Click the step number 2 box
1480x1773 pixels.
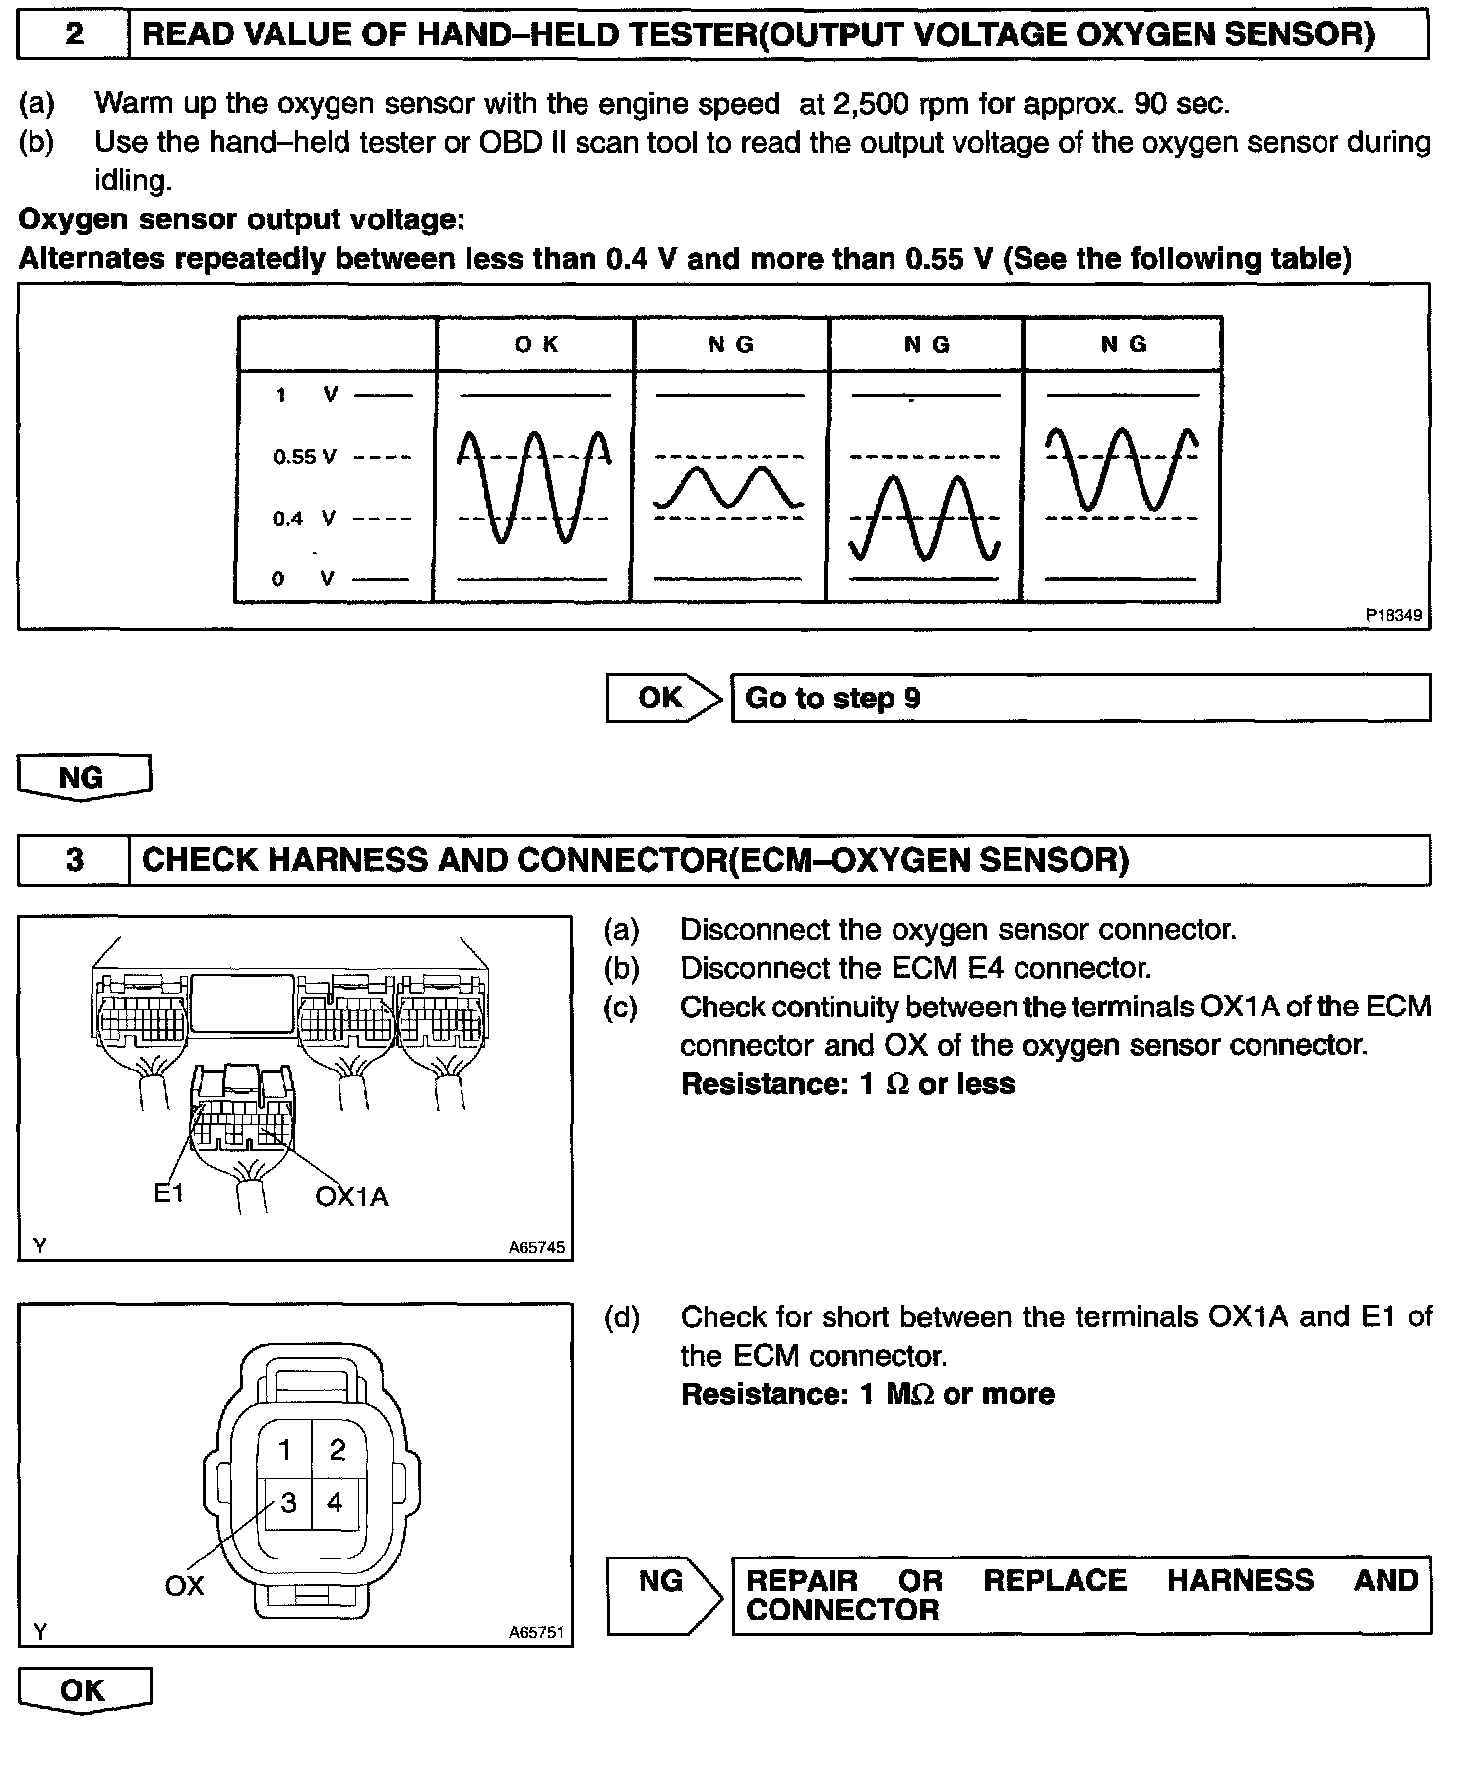[74, 35]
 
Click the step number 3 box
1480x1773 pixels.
[74, 861]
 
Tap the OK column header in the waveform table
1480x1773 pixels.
[536, 344]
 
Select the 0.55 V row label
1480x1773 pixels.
[304, 457]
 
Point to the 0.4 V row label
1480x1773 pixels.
[304, 519]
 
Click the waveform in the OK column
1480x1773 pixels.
[534, 486]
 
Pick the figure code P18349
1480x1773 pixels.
[1393, 615]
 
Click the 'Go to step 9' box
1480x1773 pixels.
[1080, 699]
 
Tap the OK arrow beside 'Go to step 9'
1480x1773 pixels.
[663, 699]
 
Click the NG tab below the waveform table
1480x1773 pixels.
[84, 778]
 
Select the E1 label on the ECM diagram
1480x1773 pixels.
[169, 1193]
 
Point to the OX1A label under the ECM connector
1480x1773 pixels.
[351, 1196]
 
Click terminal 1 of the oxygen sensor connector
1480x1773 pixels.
[285, 1450]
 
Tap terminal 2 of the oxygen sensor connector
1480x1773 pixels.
[338, 1450]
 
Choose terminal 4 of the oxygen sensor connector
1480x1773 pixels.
[336, 1502]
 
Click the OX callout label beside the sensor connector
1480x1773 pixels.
[184, 1585]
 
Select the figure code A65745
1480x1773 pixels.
[536, 1247]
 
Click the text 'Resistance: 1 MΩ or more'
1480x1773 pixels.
[867, 1394]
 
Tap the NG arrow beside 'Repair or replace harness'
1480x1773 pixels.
[664, 1595]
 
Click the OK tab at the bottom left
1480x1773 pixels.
[84, 1691]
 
